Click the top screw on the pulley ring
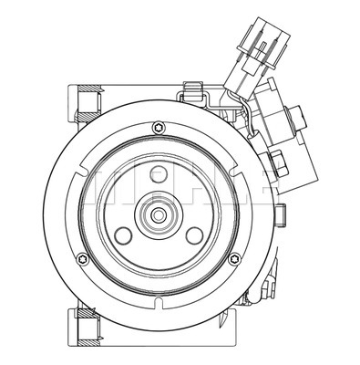tap(159, 126)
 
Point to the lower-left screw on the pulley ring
tap(79, 262)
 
